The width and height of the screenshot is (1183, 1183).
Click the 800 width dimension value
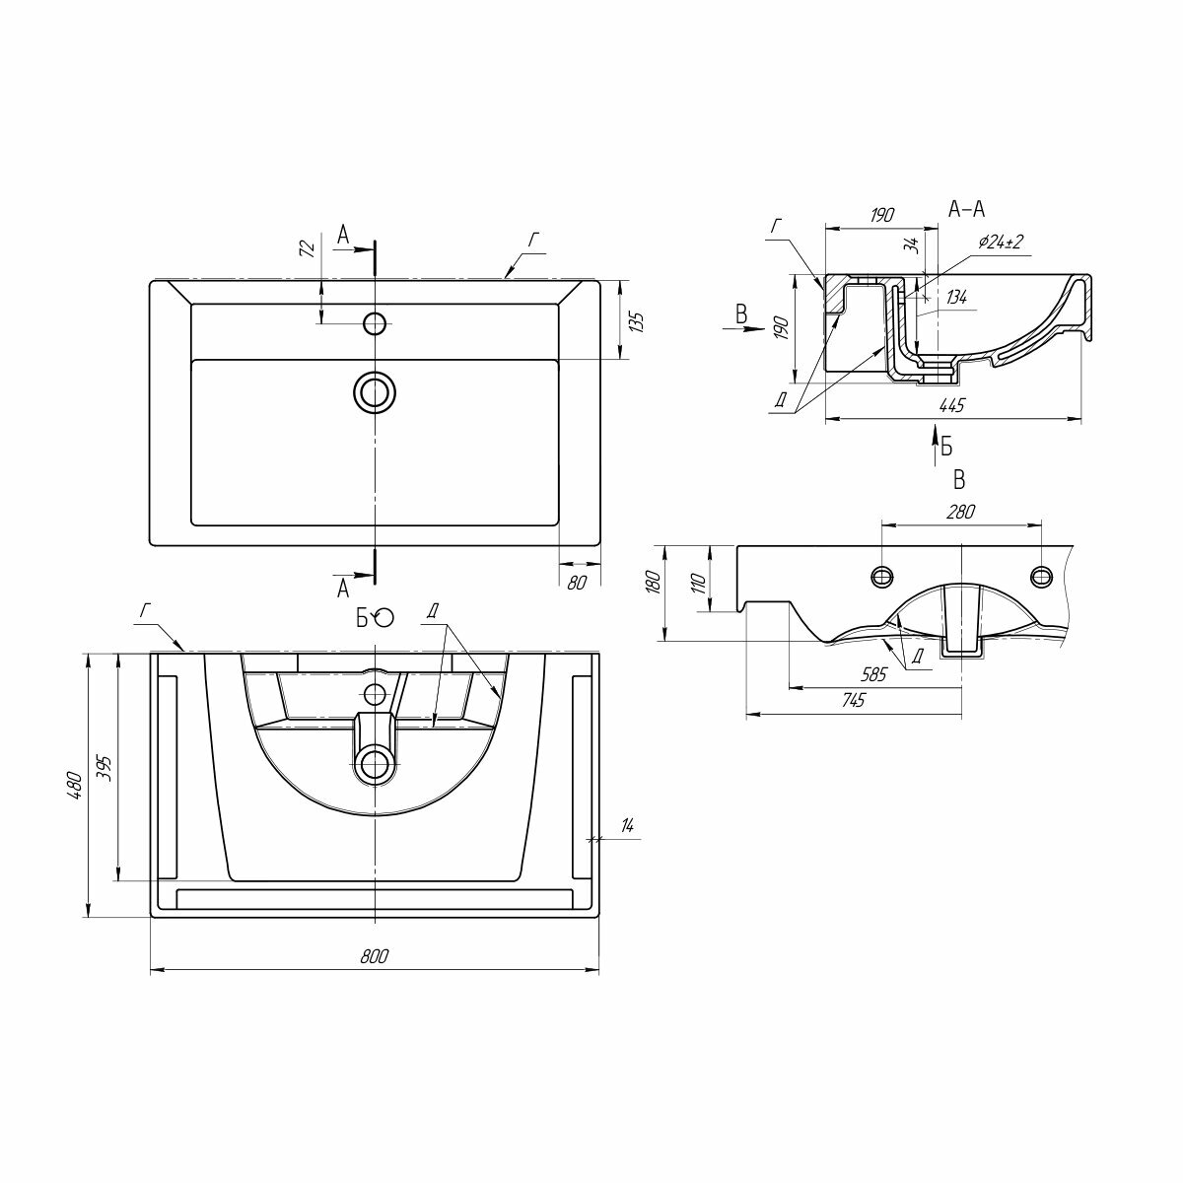pyautogui.click(x=375, y=955)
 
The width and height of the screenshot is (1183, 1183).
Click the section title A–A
pyautogui.click(x=966, y=208)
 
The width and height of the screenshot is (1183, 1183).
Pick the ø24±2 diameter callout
pyautogui.click(x=1003, y=242)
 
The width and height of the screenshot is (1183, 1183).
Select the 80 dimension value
pyautogui.click(x=578, y=582)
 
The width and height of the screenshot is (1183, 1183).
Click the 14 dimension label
pyautogui.click(x=627, y=826)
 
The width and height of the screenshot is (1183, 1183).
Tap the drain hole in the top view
pyautogui.click(x=375, y=392)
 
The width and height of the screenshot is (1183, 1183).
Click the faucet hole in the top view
pyautogui.click(x=375, y=322)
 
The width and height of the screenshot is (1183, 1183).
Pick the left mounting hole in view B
pyautogui.click(x=881, y=576)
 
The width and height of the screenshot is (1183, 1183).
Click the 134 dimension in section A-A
pyautogui.click(x=955, y=297)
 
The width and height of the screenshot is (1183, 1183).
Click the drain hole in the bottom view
pyautogui.click(x=375, y=764)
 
